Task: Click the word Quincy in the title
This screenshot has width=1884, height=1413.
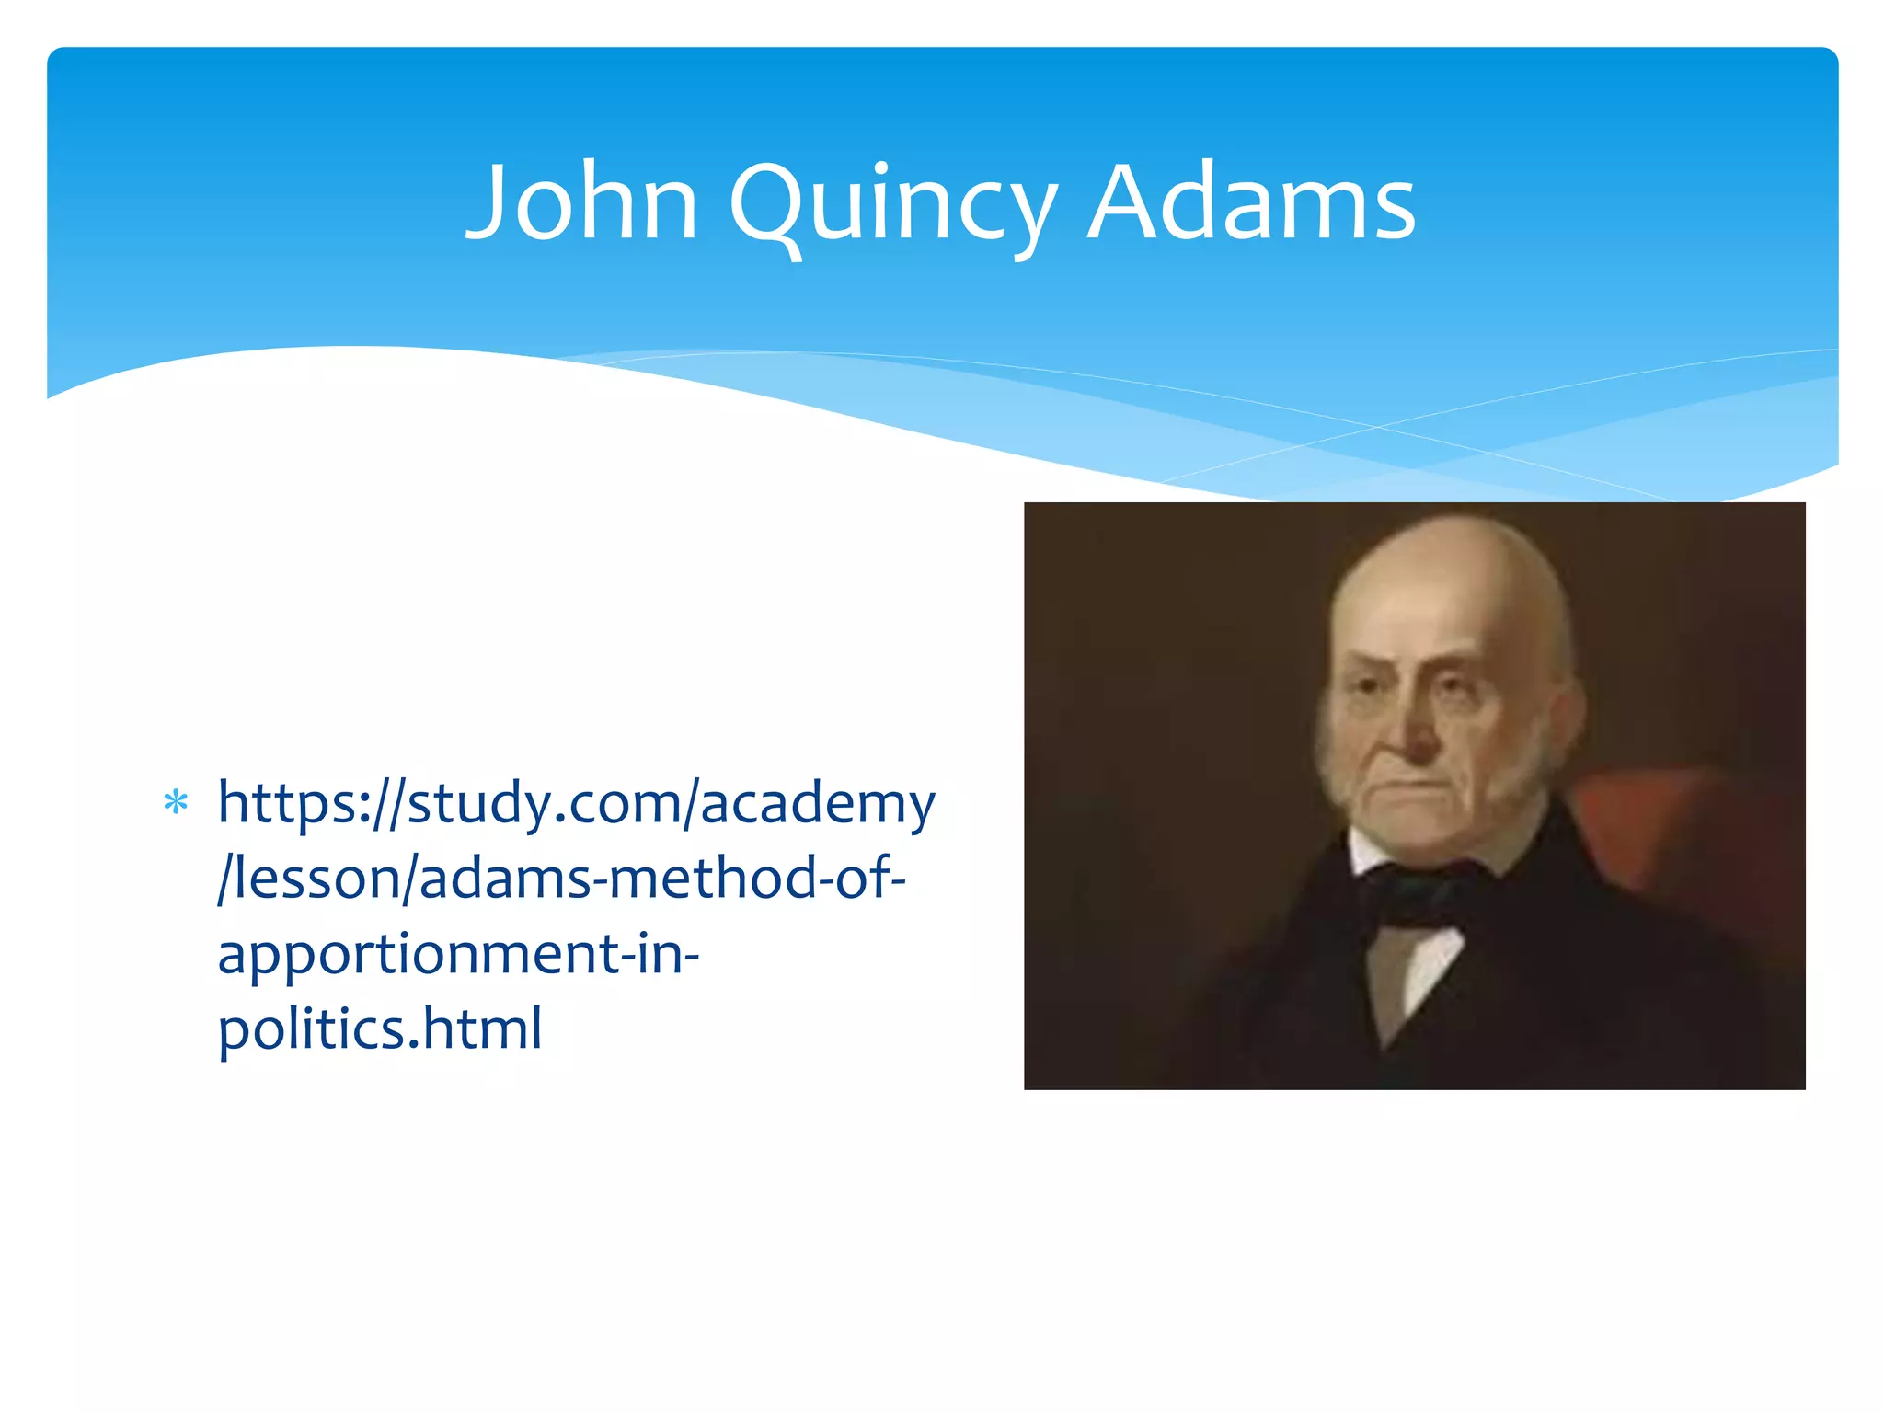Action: tap(892, 207)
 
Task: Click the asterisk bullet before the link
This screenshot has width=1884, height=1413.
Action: tap(176, 803)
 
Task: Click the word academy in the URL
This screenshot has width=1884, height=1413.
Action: tap(818, 803)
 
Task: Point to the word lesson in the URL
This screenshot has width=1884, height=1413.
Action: tap(318, 879)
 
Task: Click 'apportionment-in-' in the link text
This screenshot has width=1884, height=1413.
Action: tap(458, 953)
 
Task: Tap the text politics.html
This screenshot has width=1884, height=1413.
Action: tap(380, 1028)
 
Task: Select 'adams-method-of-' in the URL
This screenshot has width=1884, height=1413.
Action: tap(662, 879)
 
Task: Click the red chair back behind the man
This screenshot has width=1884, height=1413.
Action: tap(1656, 828)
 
